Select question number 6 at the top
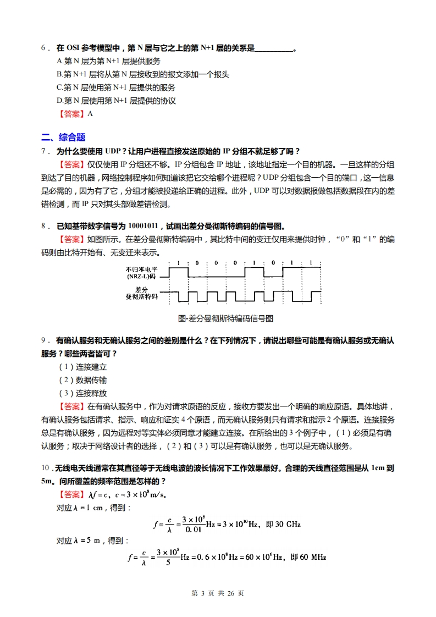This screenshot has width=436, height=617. click(43, 48)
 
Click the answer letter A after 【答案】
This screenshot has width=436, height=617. click(90, 114)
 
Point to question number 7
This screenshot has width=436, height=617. click(43, 151)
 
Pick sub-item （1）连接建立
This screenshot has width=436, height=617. click(82, 367)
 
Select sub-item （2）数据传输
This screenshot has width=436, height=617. click(82, 380)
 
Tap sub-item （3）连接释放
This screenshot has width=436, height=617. click(82, 393)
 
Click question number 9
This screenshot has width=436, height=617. click(43, 340)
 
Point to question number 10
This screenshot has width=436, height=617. click(45, 468)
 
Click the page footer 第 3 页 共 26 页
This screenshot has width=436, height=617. click(217, 593)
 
